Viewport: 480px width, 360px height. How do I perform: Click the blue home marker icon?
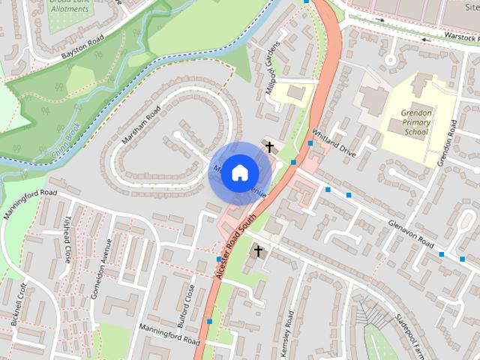click(238, 172)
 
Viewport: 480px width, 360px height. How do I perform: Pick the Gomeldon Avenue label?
click(100, 268)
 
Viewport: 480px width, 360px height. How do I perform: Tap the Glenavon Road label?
click(412, 233)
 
